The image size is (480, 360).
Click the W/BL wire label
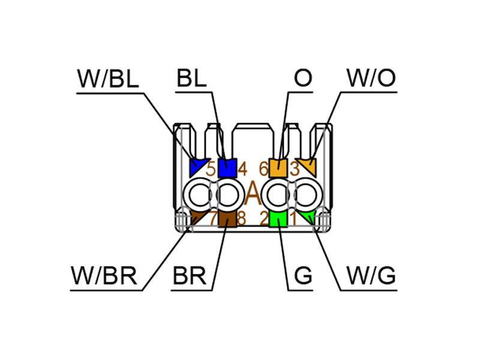click(108, 79)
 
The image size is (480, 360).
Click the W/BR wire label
click(104, 276)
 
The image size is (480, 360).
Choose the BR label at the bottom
click(190, 276)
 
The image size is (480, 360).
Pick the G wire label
click(303, 275)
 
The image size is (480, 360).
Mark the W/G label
click(371, 275)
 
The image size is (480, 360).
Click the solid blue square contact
click(227, 168)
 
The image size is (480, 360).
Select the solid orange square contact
click(278, 168)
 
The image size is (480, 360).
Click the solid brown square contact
click(227, 219)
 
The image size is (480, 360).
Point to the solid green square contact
click(278, 219)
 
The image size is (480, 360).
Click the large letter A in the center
click(253, 193)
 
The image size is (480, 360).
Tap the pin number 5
click(211, 169)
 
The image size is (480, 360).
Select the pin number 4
click(242, 169)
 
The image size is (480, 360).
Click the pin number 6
click(263, 169)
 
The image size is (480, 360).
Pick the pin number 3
click(294, 169)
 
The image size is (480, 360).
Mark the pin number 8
click(242, 218)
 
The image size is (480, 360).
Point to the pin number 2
click(264, 218)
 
